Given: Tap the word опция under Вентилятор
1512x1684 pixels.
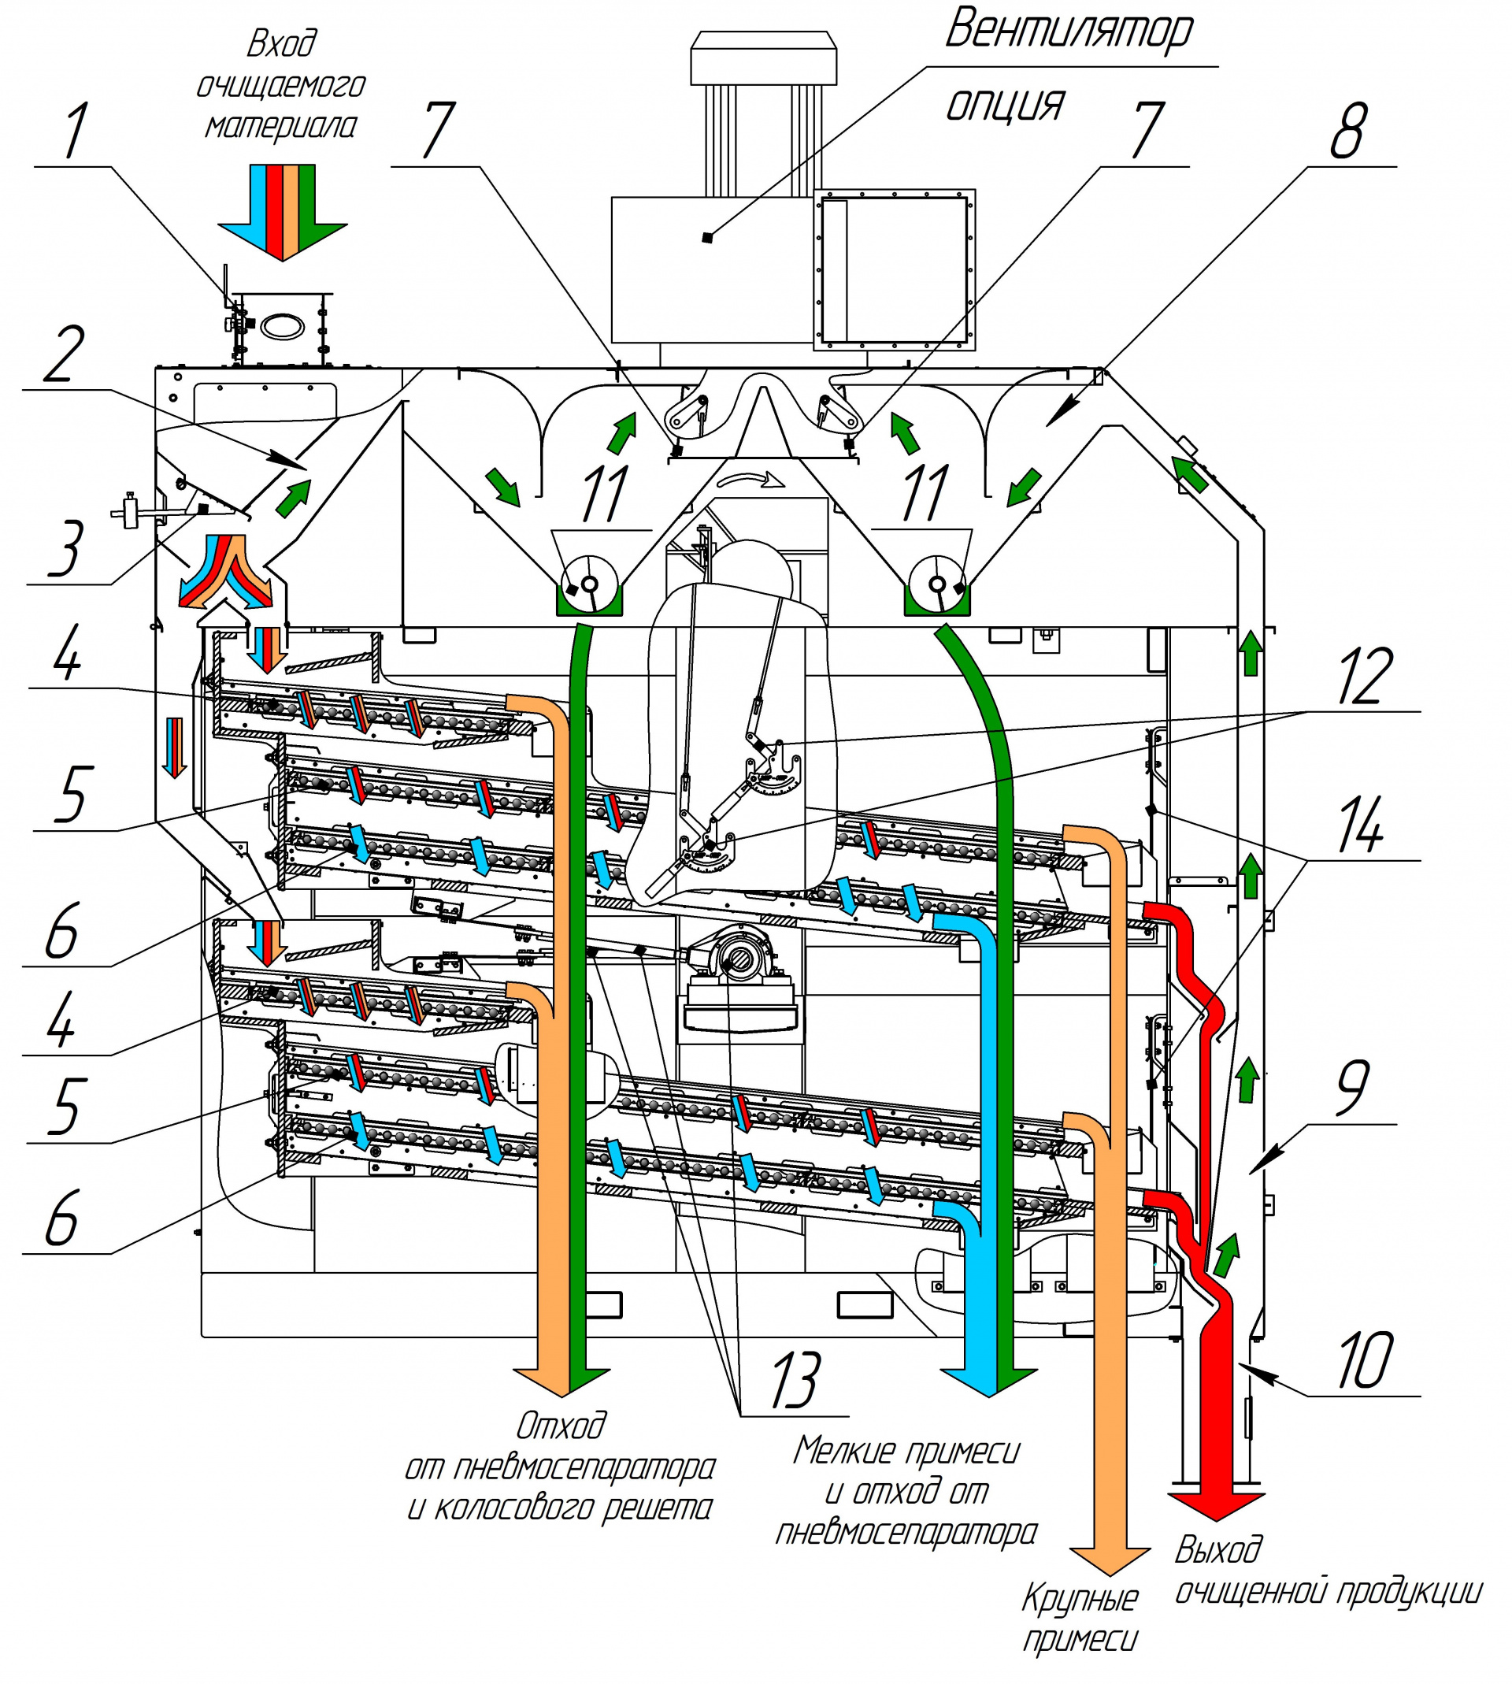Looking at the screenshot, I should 1005,105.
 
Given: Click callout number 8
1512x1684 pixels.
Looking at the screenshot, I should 1347,131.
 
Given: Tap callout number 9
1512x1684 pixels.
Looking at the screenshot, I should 1352,1088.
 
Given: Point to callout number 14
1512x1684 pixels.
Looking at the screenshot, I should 1360,825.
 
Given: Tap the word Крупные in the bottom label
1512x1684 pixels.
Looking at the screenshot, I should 1079,1597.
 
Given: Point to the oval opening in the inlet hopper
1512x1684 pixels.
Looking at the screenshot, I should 282,325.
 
